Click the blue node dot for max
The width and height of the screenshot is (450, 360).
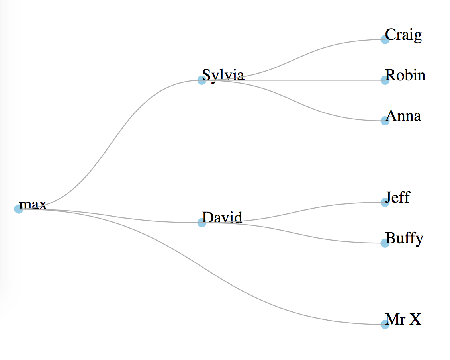tap(18, 209)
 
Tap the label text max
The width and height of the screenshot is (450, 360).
tap(33, 204)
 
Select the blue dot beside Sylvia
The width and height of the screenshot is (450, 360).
tap(202, 80)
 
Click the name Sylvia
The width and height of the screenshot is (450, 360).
tap(223, 74)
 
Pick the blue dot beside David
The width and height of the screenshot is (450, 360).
tap(202, 223)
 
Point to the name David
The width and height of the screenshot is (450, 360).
tap(222, 217)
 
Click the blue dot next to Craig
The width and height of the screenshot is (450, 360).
tap(384, 39)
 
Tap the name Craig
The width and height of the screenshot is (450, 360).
tap(403, 35)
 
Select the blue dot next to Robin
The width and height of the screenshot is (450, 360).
tap(384, 80)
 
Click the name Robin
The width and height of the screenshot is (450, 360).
tap(405, 75)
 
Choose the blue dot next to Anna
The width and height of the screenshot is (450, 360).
tap(384, 121)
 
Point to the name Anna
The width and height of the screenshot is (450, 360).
tap(404, 116)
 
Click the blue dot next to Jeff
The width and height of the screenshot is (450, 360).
tap(384, 202)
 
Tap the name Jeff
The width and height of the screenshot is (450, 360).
tap(398, 197)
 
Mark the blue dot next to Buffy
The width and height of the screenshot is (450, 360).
tap(384, 243)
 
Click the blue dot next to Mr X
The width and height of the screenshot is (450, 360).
tap(384, 324)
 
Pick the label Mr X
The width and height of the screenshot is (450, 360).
tap(403, 319)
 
